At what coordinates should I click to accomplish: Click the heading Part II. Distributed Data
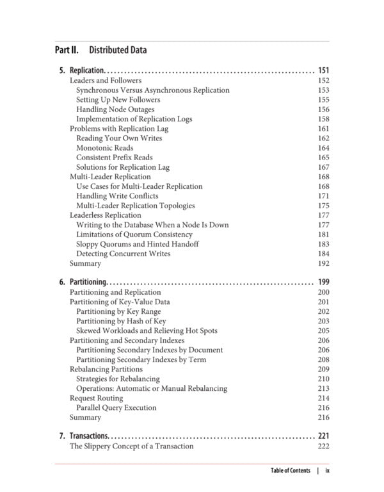pyautogui.click(x=100, y=50)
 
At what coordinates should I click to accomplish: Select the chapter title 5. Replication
pyautogui.click(x=79, y=70)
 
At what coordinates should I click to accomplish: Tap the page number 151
pyautogui.click(x=323, y=70)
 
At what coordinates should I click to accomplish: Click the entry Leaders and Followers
pyautogui.click(x=105, y=81)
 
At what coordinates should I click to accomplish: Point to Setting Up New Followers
pyautogui.click(x=118, y=100)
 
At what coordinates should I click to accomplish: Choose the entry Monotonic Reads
pyautogui.click(x=104, y=148)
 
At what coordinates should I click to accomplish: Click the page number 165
pyautogui.click(x=323, y=158)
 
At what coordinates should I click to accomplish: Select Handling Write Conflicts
pyautogui.click(x=117, y=196)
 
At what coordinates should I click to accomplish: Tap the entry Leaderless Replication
pyautogui.click(x=105, y=215)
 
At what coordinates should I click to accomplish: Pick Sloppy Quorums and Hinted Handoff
pyautogui.click(x=137, y=244)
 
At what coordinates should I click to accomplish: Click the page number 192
pyautogui.click(x=323, y=263)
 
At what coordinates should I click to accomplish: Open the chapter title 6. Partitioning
pyautogui.click(x=81, y=283)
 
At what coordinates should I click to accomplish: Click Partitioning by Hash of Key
pyautogui.click(x=121, y=321)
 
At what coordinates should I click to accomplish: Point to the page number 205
pyautogui.click(x=323, y=331)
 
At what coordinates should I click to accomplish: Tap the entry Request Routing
pyautogui.click(x=96, y=398)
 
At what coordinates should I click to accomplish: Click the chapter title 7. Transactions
pyautogui.click(x=83, y=436)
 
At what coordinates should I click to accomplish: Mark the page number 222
pyautogui.click(x=323, y=446)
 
